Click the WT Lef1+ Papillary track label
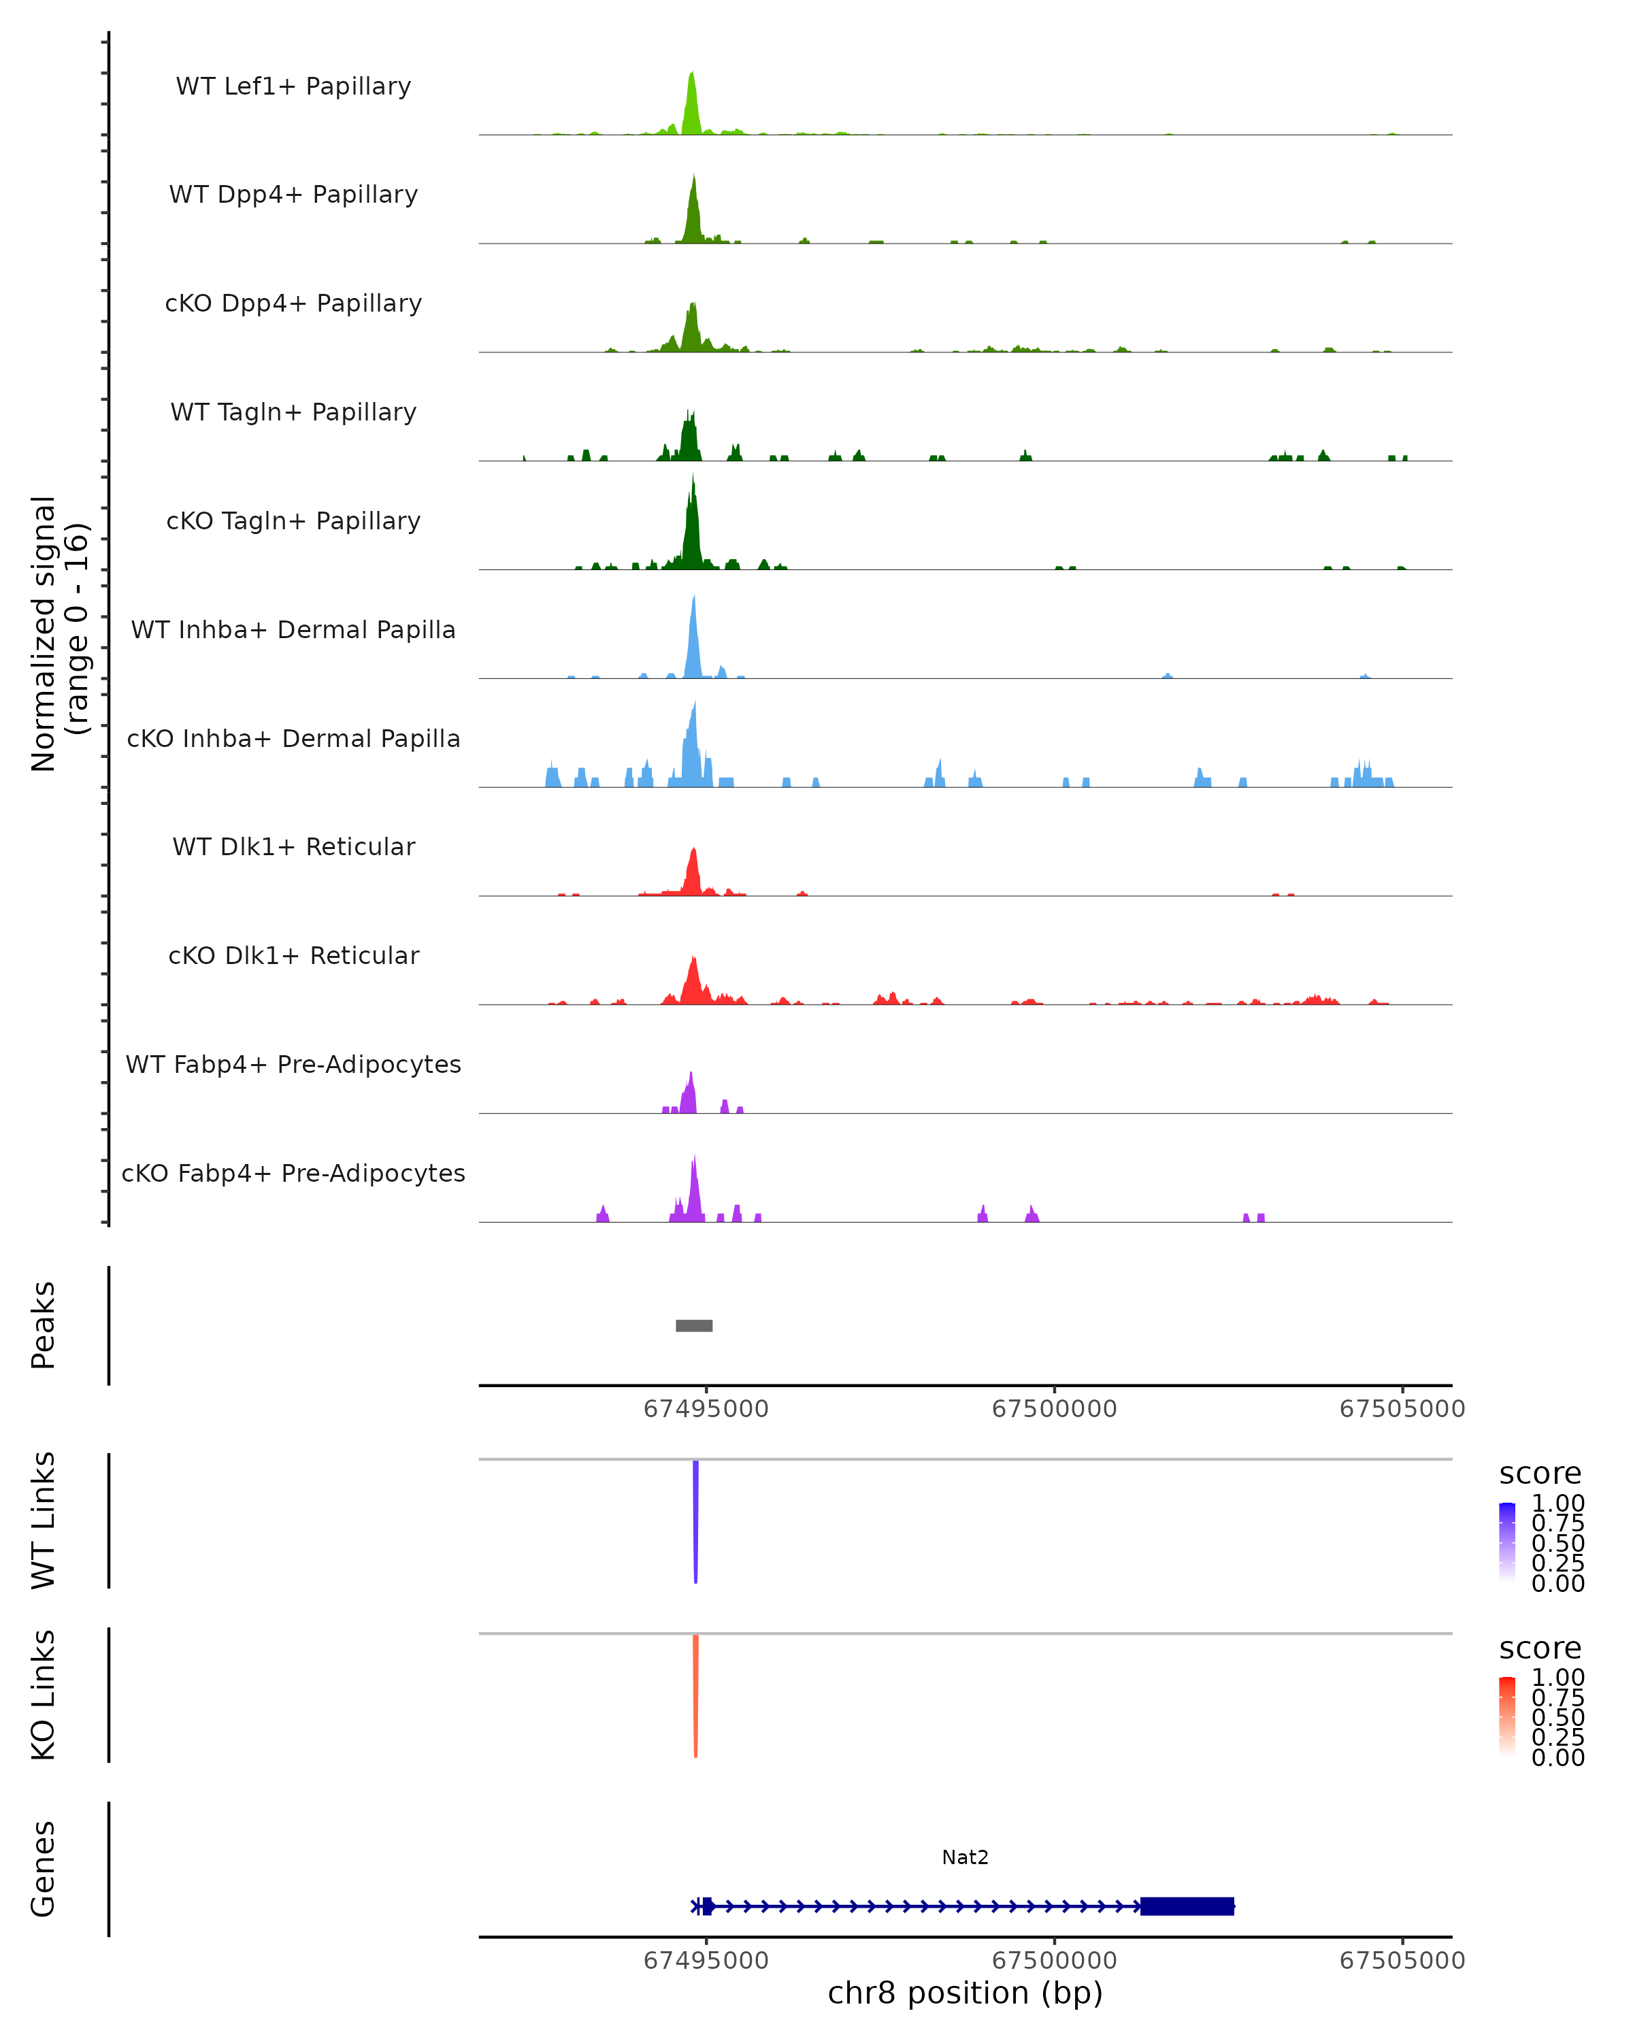(293, 86)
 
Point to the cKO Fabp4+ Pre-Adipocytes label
(293, 1173)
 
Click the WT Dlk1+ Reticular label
(293, 846)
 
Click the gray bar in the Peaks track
(694, 1325)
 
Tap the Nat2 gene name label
(965, 1857)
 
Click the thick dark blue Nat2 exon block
(1187, 1906)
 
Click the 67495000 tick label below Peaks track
(706, 1409)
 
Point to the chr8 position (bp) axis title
(965, 1993)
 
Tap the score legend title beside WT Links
(1540, 1474)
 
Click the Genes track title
(44, 1869)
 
